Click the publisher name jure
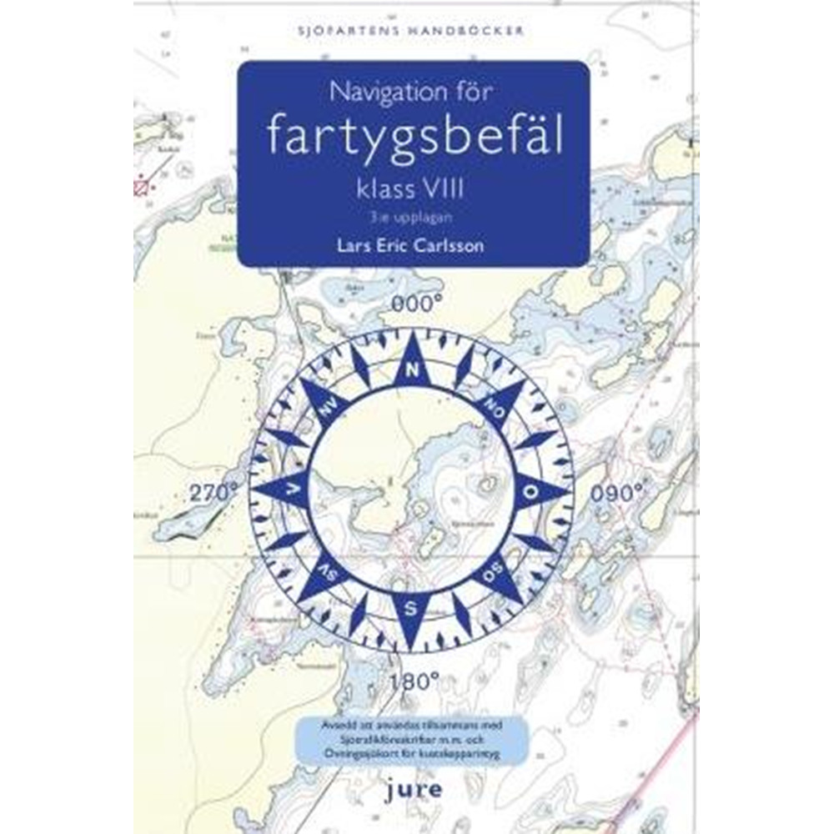(x=414, y=787)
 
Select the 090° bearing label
(x=618, y=493)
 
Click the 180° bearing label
(x=414, y=681)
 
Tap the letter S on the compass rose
(x=411, y=608)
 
